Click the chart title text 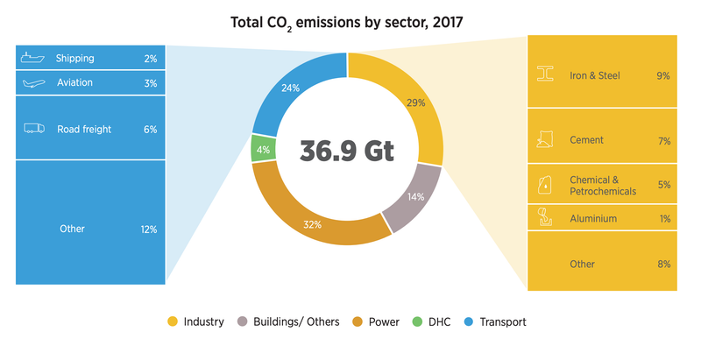click(x=348, y=21)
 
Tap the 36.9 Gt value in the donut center click(x=347, y=150)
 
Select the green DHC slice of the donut click(x=260, y=149)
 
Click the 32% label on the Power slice click(x=313, y=225)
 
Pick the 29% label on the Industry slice click(x=415, y=102)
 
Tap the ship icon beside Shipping click(x=32, y=58)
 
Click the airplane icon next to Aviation click(x=33, y=83)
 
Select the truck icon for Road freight click(x=34, y=129)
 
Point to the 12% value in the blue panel click(x=146, y=229)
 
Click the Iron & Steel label click(x=594, y=76)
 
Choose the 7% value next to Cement click(x=663, y=140)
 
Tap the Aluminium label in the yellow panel click(x=593, y=218)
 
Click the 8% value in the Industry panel click(x=663, y=264)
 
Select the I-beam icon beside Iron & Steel click(x=546, y=75)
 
